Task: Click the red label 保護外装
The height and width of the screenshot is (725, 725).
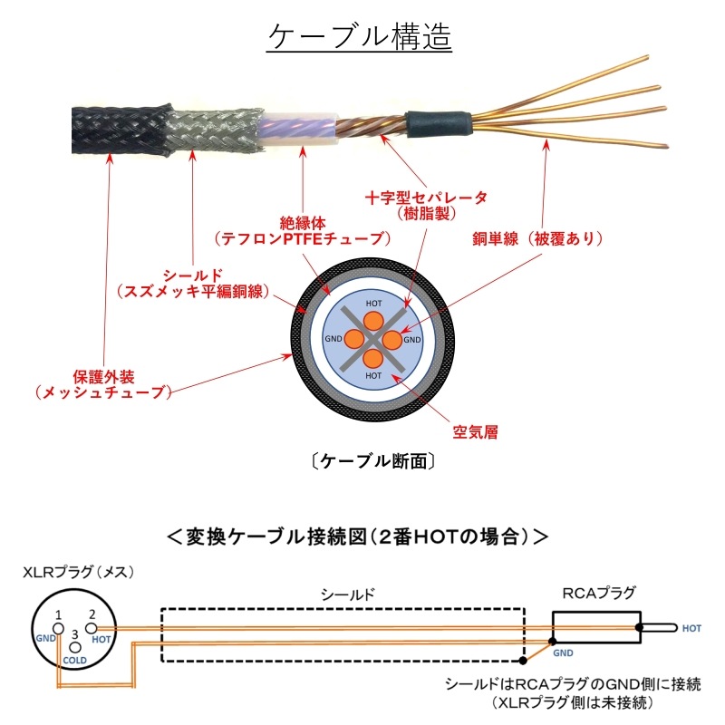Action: (x=103, y=374)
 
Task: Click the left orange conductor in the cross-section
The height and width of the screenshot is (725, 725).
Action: (x=354, y=339)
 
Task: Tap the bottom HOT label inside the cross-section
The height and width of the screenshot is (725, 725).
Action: (x=373, y=375)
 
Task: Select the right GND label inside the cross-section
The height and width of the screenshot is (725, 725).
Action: (x=412, y=340)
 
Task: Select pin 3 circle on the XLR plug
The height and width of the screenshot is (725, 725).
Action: (x=75, y=646)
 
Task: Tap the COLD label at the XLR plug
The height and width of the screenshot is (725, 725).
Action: (x=74, y=661)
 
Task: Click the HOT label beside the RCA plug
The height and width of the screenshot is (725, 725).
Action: (x=691, y=628)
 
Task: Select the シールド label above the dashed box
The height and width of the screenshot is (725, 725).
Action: (x=348, y=594)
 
